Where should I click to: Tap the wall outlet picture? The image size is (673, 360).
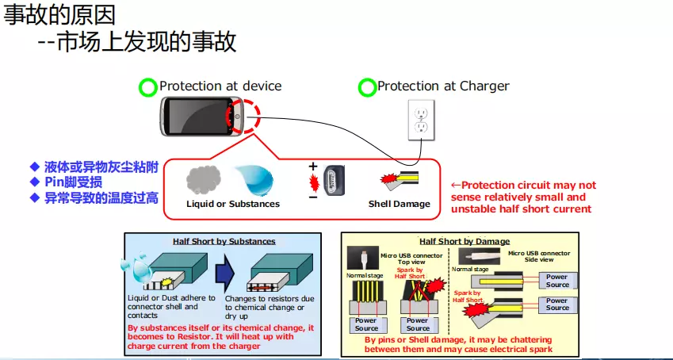pos(420,120)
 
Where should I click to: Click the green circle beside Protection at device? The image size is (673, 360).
pos(147,87)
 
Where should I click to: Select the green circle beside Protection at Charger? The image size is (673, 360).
pos(366,87)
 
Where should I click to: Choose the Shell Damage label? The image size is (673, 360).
pos(399,204)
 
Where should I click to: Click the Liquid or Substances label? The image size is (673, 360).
pos(233,204)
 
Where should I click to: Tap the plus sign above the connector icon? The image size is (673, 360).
pos(312,167)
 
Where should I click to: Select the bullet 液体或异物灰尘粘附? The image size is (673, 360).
pos(101,167)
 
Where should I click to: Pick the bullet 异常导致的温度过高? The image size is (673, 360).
pos(101,197)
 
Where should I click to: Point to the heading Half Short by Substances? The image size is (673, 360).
pos(224,241)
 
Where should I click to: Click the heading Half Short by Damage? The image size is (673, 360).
pos(465,241)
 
